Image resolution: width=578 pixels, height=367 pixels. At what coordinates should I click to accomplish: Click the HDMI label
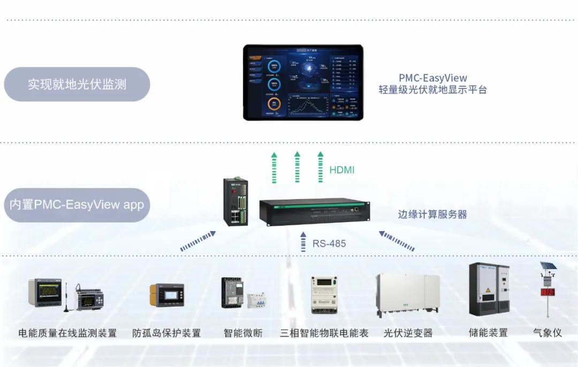(342, 170)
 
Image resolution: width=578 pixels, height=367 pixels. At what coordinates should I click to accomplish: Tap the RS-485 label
(329, 243)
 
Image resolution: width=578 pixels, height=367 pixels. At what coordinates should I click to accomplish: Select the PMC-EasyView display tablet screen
(303, 82)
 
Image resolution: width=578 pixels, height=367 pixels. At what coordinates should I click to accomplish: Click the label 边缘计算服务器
(432, 214)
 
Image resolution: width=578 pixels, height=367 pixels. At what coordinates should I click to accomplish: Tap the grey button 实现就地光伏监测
(77, 85)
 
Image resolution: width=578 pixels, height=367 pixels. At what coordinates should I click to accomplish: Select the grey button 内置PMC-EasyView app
(77, 205)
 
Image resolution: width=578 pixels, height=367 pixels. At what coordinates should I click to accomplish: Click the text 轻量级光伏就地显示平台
(433, 90)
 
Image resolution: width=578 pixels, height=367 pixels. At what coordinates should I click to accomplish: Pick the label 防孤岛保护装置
(167, 333)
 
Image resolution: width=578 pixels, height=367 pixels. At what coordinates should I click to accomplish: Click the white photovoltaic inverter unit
(408, 294)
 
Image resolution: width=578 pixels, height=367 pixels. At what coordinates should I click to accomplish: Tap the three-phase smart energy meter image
(327, 295)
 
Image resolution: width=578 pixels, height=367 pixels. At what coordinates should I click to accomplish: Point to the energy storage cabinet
(489, 289)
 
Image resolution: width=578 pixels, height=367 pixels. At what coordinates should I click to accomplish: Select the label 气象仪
(547, 333)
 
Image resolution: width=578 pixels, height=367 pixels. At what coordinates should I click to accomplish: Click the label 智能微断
(243, 333)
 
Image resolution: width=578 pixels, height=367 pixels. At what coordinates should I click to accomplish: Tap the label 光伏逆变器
(408, 333)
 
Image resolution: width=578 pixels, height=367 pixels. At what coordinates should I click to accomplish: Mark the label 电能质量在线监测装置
(67, 333)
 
